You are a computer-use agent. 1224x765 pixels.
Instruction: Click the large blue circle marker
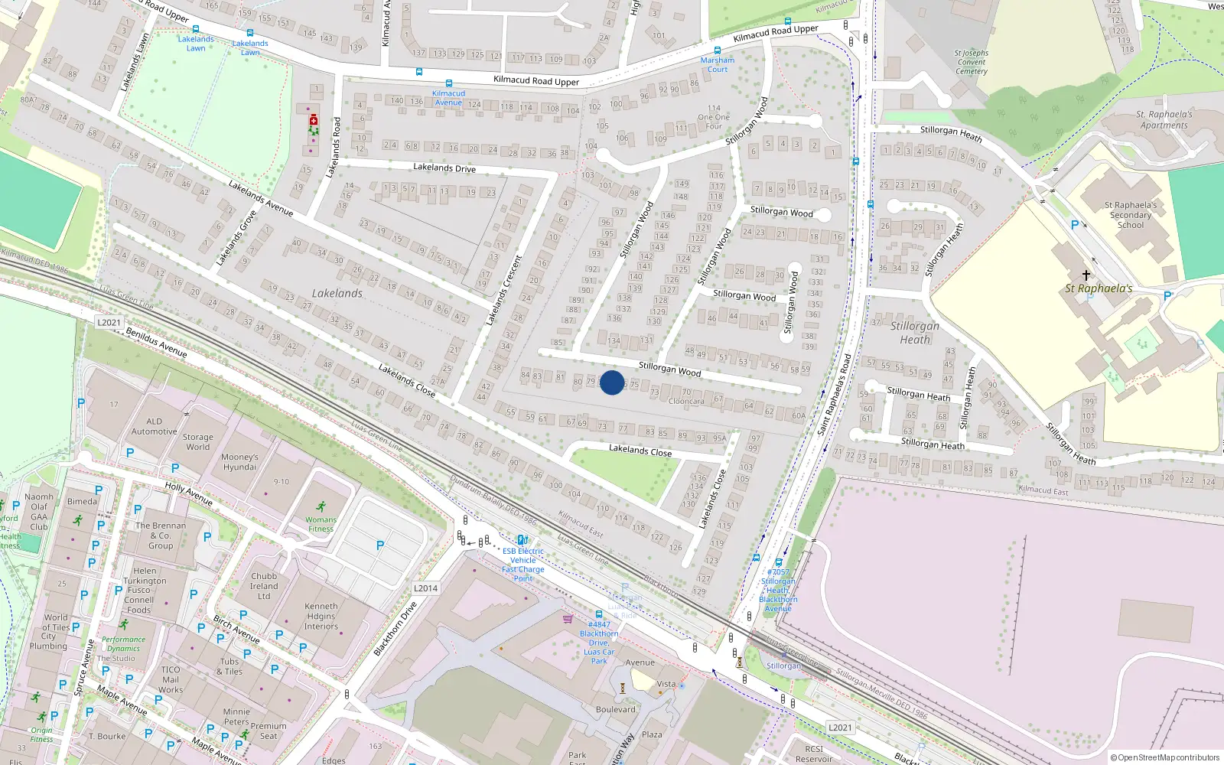[x=612, y=382]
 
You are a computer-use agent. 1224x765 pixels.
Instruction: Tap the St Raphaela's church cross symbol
[x=1086, y=275]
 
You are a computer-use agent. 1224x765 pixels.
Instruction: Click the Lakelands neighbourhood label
[x=337, y=293]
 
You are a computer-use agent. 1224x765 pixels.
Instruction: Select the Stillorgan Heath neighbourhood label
[x=914, y=333]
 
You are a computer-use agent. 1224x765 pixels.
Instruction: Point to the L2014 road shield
[x=425, y=588]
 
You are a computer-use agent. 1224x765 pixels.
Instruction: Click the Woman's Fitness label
[x=321, y=524]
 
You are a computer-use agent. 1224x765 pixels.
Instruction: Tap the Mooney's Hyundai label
[x=239, y=462]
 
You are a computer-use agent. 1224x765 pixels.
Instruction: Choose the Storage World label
[x=197, y=442]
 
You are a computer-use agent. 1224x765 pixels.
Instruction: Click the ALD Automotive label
[x=155, y=426]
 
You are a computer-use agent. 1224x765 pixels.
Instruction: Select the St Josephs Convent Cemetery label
[x=972, y=62]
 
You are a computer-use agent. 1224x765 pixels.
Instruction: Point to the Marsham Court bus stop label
[x=718, y=64]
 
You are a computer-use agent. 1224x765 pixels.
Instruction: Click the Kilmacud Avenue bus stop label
[x=448, y=98]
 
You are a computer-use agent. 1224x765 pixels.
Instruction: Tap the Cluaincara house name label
[x=686, y=401]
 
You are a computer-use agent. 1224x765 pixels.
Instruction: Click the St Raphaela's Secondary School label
[x=1131, y=215]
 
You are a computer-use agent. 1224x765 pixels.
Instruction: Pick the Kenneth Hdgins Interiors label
[x=321, y=616]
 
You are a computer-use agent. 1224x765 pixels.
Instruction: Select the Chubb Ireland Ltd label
[x=264, y=586]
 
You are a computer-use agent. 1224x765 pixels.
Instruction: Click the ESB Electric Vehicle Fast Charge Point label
[x=523, y=565]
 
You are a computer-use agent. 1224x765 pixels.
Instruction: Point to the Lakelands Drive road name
[x=444, y=168]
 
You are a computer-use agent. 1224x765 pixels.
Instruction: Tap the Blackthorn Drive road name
[x=395, y=629]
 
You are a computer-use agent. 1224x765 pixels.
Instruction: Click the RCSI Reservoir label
[x=814, y=754]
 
